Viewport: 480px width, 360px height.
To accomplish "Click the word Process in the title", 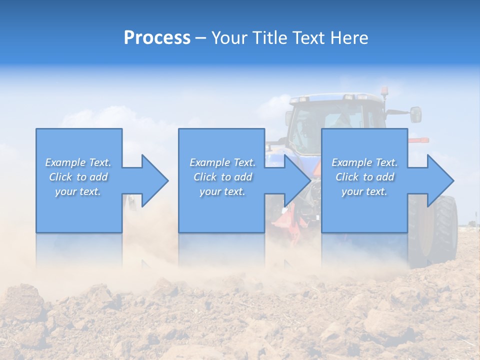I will click(x=157, y=38).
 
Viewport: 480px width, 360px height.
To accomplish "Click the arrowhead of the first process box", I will click(x=152, y=180).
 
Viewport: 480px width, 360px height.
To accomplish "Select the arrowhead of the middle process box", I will click(x=295, y=180).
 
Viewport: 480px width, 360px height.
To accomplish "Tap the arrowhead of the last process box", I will click(x=438, y=180).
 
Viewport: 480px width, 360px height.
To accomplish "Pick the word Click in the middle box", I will click(x=204, y=177).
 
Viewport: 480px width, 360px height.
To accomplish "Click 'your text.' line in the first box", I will click(x=78, y=191).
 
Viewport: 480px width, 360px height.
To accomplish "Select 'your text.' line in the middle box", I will click(x=222, y=191).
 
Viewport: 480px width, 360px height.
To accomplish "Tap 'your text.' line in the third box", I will click(x=364, y=191).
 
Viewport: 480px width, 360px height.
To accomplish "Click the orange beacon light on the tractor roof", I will click(x=384, y=91).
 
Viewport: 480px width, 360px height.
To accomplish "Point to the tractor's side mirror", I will click(x=415, y=114).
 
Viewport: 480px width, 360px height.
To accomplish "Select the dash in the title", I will click(x=200, y=38).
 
